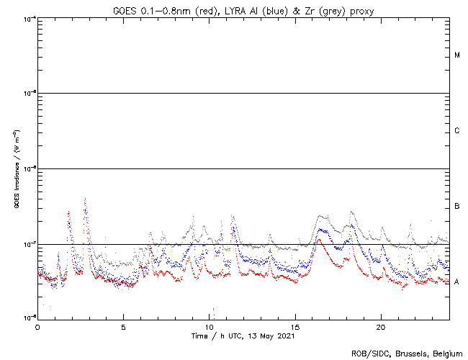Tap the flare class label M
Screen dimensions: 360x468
pos(457,55)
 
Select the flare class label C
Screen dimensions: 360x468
pos(457,131)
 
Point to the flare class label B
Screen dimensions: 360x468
pos(457,207)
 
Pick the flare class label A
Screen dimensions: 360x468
pos(457,281)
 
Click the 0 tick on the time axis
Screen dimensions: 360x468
pos(37,327)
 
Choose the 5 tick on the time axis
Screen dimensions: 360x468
pos(123,327)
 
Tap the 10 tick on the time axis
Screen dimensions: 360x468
pos(209,327)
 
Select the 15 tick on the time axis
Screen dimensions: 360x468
pos(295,327)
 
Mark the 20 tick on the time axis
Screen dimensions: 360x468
pos(381,327)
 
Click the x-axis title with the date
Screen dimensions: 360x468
pos(243,336)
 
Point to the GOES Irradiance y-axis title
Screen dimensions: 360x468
pos(15,168)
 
